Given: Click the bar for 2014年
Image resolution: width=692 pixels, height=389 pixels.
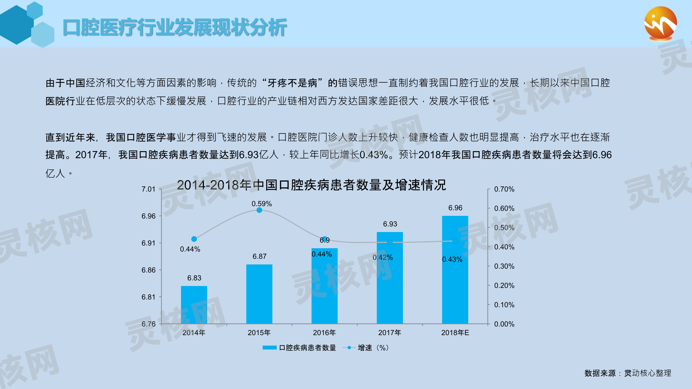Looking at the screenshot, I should click(194, 305).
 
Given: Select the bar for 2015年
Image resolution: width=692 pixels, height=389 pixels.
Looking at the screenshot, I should click(259, 294).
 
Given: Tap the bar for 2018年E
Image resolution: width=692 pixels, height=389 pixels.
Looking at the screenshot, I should click(455, 270).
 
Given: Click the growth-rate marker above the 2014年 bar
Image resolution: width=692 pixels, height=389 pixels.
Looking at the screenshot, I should click(194, 239).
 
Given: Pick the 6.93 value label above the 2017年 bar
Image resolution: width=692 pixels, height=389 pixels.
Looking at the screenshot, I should click(390, 224).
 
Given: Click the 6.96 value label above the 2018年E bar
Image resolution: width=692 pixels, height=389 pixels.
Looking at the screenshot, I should click(455, 208).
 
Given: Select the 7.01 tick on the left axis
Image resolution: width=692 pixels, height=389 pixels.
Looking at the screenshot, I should click(148, 189).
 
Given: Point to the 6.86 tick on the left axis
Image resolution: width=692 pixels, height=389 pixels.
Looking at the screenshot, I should click(148, 270).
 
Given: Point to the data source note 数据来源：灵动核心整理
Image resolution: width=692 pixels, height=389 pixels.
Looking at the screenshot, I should click(627, 373).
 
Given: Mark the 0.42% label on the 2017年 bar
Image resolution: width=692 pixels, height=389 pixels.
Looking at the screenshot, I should click(383, 257).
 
